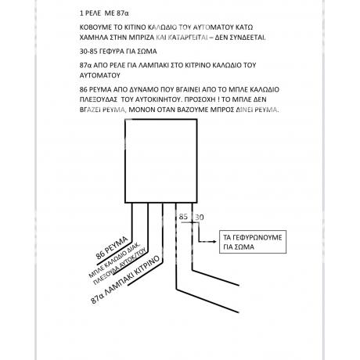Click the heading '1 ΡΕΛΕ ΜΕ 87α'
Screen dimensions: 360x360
[104, 13]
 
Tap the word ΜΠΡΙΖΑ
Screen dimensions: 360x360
[142, 38]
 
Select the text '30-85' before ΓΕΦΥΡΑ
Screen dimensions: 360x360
[88, 52]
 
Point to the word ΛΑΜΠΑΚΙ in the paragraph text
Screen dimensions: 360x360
[152, 65]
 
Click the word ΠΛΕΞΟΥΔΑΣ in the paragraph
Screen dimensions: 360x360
[99, 99]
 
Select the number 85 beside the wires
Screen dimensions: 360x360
[183, 217]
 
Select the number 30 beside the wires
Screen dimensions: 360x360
[200, 217]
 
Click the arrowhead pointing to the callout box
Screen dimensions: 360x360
[214, 242]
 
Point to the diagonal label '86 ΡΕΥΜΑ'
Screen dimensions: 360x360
[112, 248]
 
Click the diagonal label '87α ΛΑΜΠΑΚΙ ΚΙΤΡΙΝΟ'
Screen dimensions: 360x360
[125, 279]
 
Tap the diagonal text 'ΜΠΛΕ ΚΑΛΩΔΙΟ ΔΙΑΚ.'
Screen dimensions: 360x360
[114, 260]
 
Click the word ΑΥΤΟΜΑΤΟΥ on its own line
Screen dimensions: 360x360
[100, 75]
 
